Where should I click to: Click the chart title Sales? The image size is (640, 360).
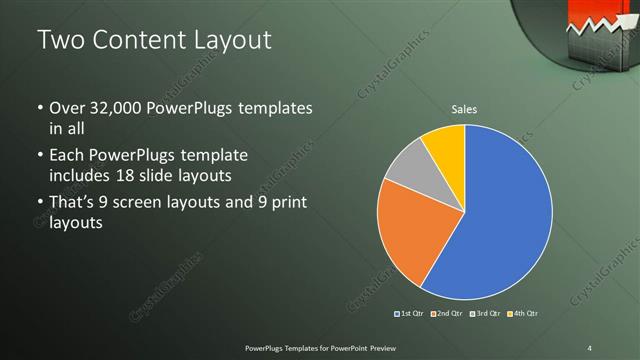click(464, 108)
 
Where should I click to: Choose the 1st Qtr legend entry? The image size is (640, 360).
click(410, 314)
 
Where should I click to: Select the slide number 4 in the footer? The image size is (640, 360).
click(590, 347)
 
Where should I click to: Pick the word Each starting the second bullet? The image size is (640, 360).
click(67, 155)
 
